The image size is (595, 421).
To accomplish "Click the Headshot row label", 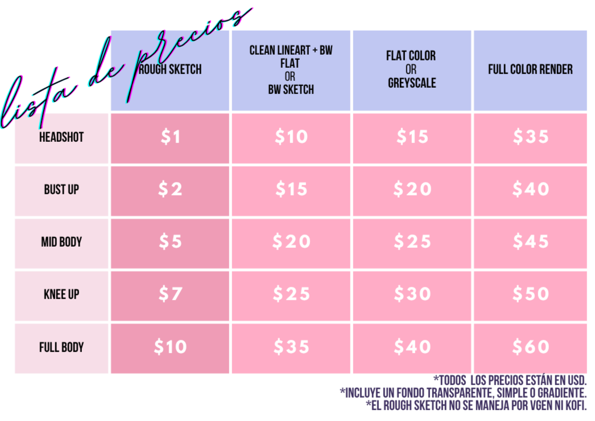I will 61,137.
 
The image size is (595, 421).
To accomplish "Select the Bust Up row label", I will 61,190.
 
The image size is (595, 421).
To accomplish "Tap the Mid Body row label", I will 61,242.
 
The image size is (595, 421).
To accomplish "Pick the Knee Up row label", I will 61,295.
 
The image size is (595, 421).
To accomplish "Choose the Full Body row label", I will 61,347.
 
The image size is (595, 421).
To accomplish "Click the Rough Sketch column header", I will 171,70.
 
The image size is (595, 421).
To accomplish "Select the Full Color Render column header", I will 530,70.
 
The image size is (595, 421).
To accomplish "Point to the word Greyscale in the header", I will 412,83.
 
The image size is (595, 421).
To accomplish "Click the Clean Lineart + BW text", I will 291,51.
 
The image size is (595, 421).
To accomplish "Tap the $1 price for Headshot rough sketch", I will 170,137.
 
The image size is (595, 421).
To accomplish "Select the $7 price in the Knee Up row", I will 170,294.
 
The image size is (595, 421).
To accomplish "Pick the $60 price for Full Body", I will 530,346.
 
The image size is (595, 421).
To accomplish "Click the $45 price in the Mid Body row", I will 530,242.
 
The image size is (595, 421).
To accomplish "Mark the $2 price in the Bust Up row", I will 170,189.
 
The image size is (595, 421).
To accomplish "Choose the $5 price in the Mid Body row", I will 170,242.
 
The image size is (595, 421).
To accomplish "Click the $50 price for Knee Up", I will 530,294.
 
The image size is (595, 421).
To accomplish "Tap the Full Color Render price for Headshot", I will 530,137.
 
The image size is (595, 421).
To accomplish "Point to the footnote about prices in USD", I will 510,380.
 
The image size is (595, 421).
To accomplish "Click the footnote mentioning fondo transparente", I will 463,393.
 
